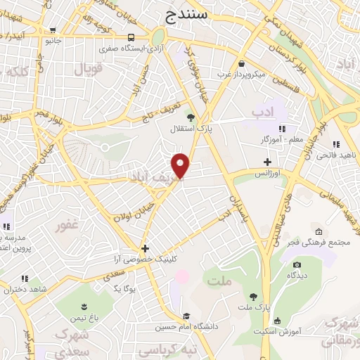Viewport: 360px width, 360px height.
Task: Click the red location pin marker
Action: (x=181, y=165)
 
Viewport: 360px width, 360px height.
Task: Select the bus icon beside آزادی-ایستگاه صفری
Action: (x=131, y=37)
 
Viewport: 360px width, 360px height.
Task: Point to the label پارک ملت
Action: (x=254, y=307)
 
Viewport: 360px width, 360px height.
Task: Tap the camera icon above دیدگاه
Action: (x=297, y=264)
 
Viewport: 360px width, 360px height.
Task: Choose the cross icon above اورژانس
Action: (x=267, y=162)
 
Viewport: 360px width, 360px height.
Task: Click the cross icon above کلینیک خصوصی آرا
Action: (x=145, y=247)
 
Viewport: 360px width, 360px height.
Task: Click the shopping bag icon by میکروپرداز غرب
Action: (x=241, y=63)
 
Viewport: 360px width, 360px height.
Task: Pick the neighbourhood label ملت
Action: (x=219, y=281)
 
